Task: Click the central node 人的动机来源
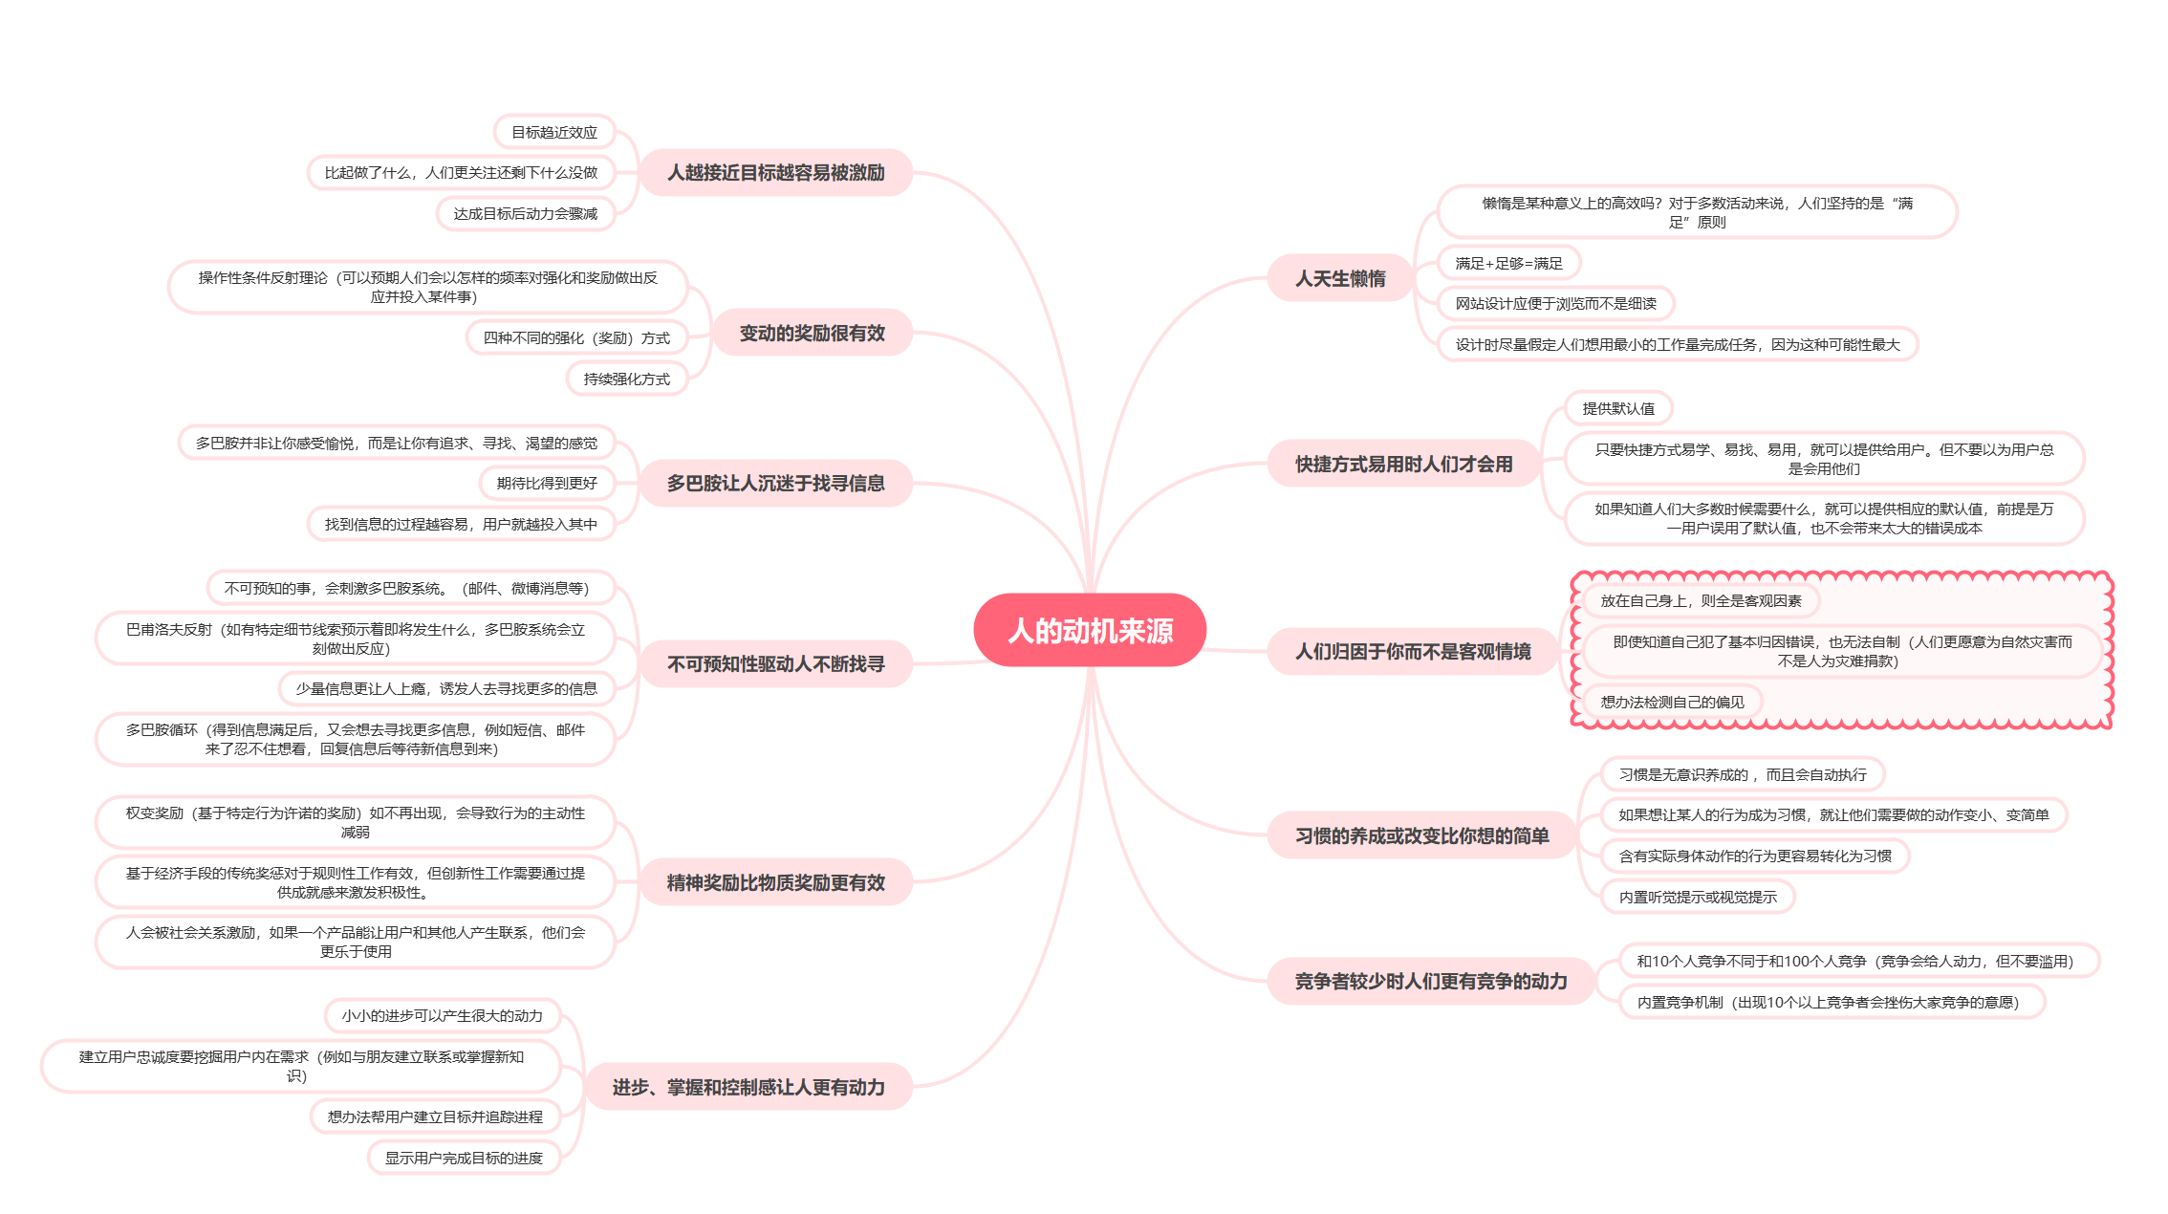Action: pyautogui.click(x=1090, y=630)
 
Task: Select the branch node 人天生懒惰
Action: pyautogui.click(x=1339, y=278)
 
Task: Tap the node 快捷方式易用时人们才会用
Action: pyautogui.click(x=1403, y=464)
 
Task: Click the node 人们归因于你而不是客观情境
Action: pyautogui.click(x=1412, y=651)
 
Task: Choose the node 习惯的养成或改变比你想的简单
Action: pyautogui.click(x=1421, y=835)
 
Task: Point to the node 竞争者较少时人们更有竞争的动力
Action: pyautogui.click(x=1430, y=981)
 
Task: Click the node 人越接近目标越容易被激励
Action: pyautogui.click(x=775, y=172)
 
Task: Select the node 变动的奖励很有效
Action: pyautogui.click(x=812, y=333)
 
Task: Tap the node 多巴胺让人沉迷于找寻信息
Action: pyautogui.click(x=775, y=483)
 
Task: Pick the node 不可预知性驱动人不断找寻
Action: pyautogui.click(x=775, y=663)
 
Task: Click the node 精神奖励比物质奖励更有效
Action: pyautogui.click(x=775, y=882)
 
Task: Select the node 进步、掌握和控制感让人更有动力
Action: pyautogui.click(x=748, y=1087)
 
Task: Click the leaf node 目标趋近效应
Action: pyautogui.click(x=553, y=132)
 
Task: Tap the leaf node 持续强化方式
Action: pyautogui.click(x=626, y=379)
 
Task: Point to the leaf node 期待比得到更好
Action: pyautogui.click(x=547, y=483)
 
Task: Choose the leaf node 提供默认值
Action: pyautogui.click(x=1617, y=408)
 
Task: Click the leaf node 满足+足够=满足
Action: pyautogui.click(x=1508, y=263)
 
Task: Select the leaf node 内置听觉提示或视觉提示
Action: pyautogui.click(x=1698, y=897)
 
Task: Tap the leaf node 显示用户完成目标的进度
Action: pyautogui.click(x=464, y=1158)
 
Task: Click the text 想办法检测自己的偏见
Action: pyautogui.click(x=1672, y=702)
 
